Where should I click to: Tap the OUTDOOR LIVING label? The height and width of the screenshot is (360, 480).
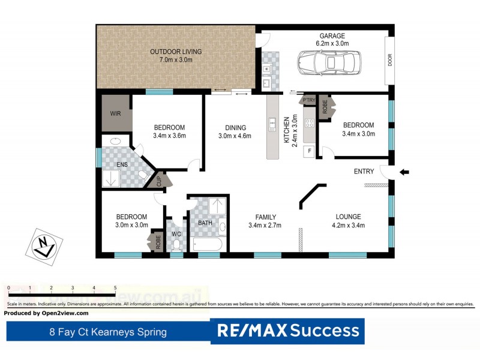tap(176, 52)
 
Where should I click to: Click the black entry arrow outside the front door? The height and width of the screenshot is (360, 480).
tap(404, 172)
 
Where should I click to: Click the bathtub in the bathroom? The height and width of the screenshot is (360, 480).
tap(208, 245)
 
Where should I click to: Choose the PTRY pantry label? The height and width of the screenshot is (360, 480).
tap(309, 100)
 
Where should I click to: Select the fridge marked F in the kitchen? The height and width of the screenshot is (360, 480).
tap(310, 151)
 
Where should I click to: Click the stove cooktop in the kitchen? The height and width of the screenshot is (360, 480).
tap(310, 124)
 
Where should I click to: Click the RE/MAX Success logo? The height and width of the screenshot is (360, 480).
tap(287, 331)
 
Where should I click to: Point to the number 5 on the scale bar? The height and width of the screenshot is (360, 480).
tap(115, 288)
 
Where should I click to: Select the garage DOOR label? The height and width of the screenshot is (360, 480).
tap(389, 61)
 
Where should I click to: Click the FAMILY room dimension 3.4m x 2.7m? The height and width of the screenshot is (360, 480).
tap(265, 226)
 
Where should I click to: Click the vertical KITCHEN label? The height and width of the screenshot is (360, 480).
tap(287, 131)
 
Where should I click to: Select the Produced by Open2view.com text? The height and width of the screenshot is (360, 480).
tap(46, 313)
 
